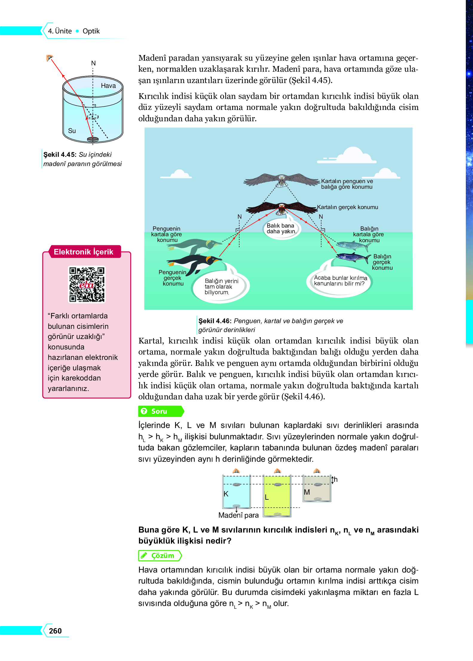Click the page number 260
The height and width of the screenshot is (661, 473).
point(55,631)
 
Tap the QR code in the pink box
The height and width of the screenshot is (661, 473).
point(87,284)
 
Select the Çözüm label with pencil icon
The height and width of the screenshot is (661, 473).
point(160,555)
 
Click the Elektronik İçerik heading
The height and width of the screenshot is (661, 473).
point(84,252)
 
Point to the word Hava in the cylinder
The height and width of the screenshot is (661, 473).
point(108,86)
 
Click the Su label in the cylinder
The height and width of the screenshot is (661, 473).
point(72,131)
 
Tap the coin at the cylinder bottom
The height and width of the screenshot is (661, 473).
point(93,139)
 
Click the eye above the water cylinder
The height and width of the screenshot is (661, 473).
point(49,58)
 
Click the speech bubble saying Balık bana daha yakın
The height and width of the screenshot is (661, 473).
point(281,229)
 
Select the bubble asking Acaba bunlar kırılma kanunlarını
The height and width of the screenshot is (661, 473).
point(340,281)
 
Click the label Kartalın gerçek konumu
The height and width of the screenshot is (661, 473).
point(347,207)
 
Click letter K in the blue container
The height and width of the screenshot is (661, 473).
point(226,494)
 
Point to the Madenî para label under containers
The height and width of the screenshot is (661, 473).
point(238,515)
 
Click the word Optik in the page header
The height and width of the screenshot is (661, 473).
point(91,31)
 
